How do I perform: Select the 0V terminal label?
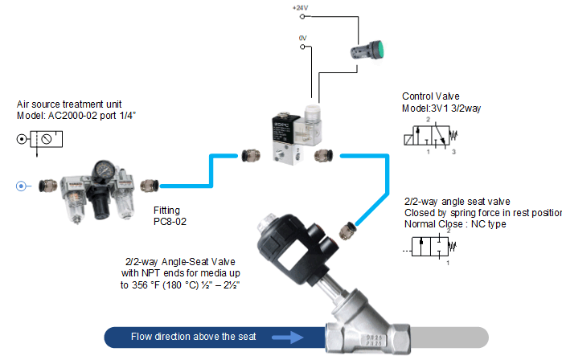(302, 37)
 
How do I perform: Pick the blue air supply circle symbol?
(22, 186)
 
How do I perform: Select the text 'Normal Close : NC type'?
(455, 223)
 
